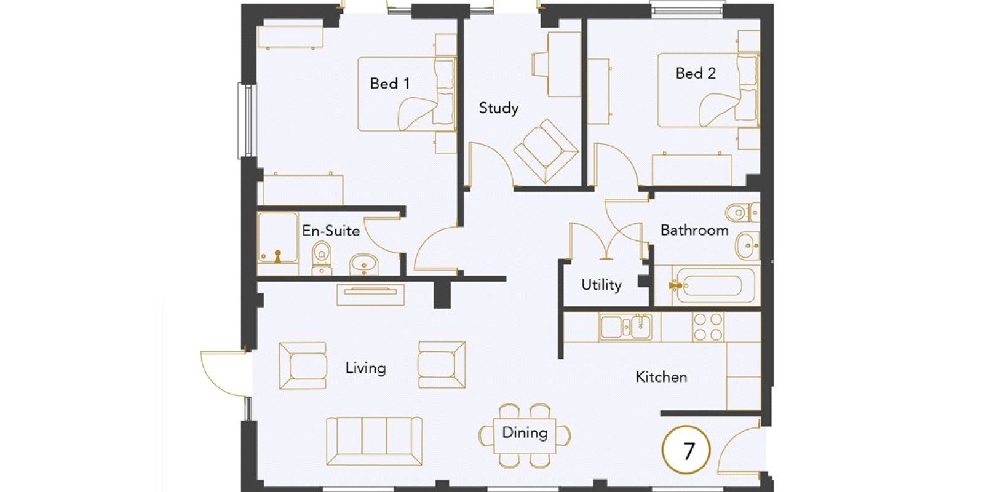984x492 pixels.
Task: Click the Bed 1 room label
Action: click(390, 84)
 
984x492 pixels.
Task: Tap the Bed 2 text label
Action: click(696, 73)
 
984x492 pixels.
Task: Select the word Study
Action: click(499, 108)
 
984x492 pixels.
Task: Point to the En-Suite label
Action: click(331, 231)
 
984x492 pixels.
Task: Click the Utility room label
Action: click(601, 285)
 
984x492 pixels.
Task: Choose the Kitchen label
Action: click(661, 377)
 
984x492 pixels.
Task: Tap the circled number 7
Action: click(686, 450)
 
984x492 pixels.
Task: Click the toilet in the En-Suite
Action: click(322, 258)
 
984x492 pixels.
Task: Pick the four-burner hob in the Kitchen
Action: click(708, 327)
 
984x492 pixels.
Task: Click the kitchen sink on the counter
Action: click(625, 327)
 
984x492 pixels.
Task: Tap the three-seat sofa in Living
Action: click(375, 441)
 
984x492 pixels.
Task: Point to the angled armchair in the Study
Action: click(546, 151)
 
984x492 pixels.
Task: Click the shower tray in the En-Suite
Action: click(277, 237)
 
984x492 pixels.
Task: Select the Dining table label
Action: click(525, 433)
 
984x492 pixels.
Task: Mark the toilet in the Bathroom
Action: click(743, 213)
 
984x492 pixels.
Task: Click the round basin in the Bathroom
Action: click(747, 245)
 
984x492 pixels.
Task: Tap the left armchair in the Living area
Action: click(303, 366)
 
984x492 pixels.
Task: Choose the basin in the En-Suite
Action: click(363, 265)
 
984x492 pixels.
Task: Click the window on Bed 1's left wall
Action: click(247, 121)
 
